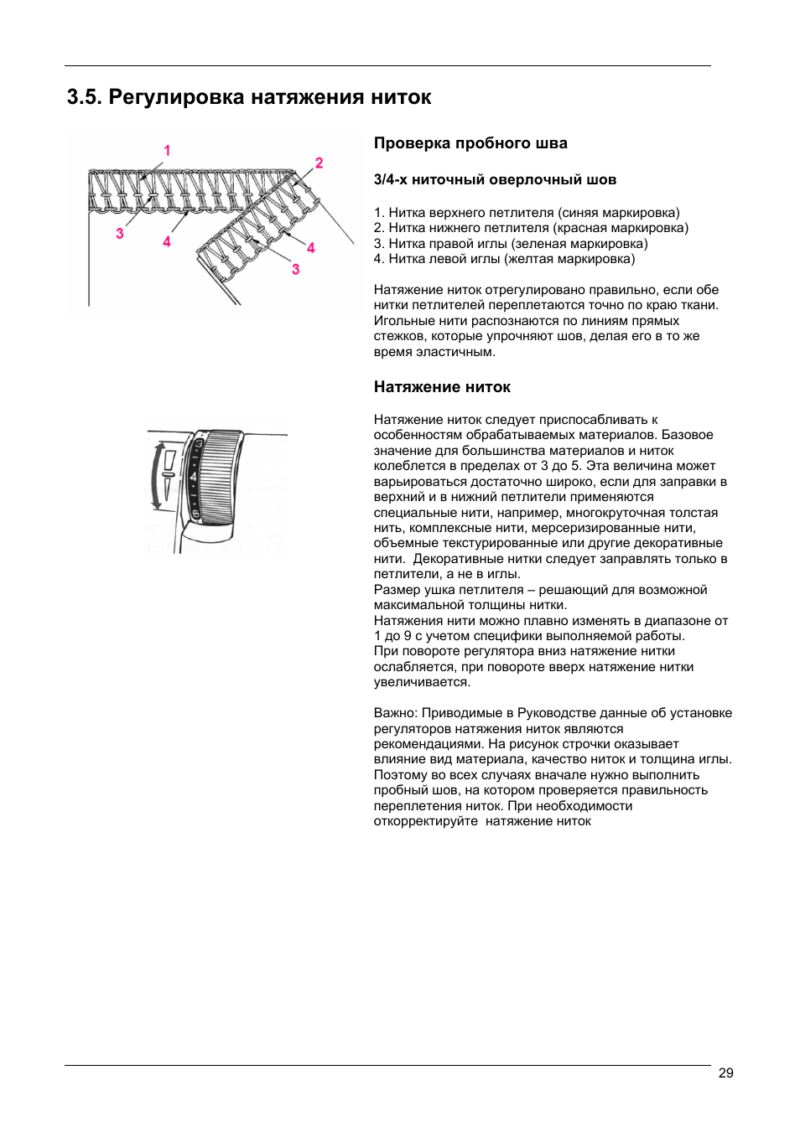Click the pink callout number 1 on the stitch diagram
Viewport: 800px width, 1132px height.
(167, 151)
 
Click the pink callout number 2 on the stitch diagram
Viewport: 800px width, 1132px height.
(319, 163)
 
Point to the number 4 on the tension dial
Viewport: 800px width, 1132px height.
(194, 477)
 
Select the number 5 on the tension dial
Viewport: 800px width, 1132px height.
(196, 514)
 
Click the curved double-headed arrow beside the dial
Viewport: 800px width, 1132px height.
(155, 476)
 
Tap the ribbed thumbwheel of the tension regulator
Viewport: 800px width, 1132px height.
(220, 477)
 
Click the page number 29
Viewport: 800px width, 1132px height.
(725, 1073)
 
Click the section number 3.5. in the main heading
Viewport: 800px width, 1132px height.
(84, 97)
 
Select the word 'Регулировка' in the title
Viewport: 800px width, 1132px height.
(176, 97)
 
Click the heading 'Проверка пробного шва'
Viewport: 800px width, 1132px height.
(470, 143)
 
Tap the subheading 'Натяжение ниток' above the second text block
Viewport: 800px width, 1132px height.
(442, 387)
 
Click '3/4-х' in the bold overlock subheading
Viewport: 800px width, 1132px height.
(391, 179)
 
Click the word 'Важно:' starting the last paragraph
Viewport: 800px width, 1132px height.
(396, 713)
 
